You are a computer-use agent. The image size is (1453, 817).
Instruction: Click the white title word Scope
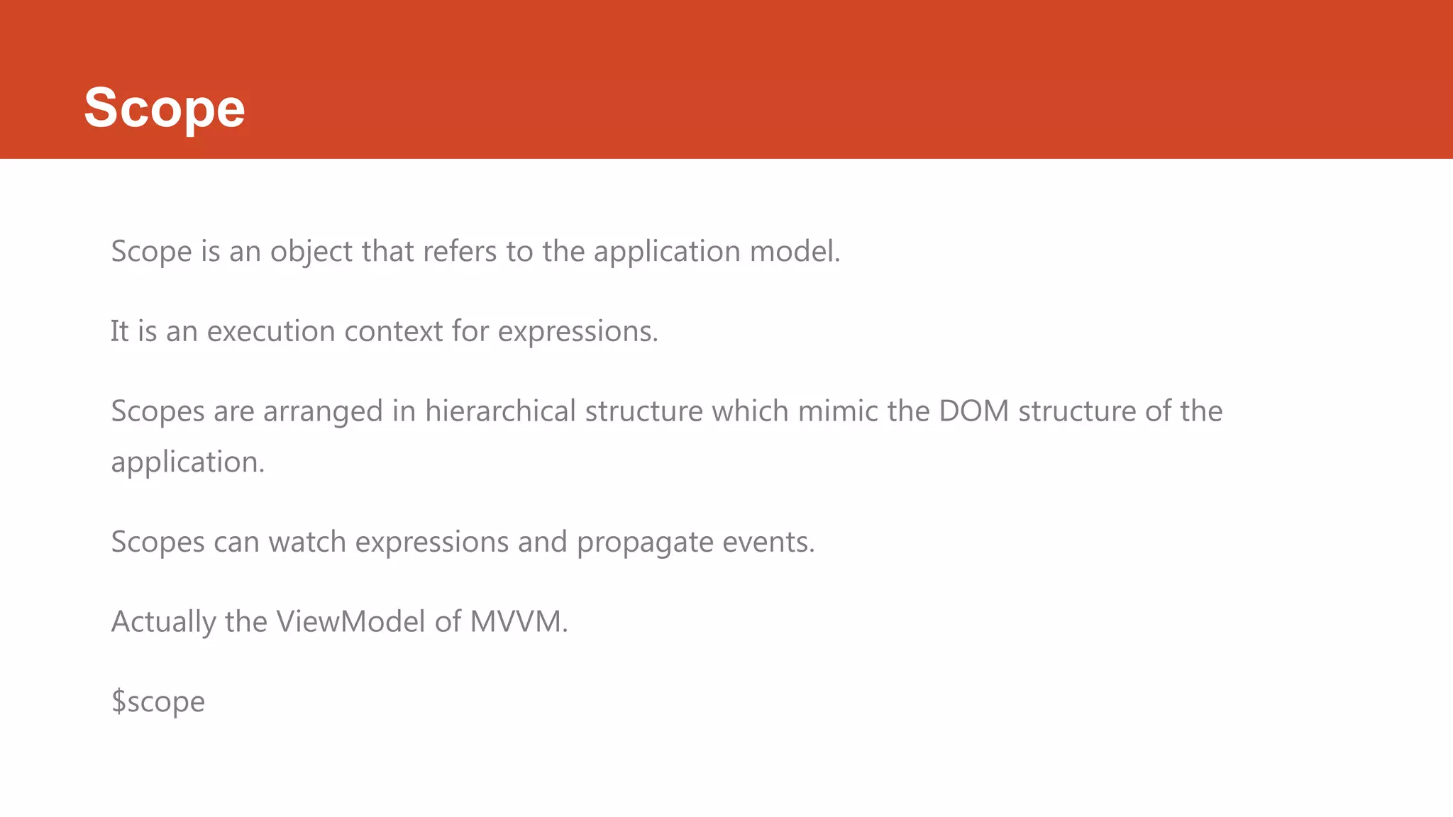point(165,108)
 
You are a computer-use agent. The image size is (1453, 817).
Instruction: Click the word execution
point(271,331)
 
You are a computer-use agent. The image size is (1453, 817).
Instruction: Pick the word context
point(393,331)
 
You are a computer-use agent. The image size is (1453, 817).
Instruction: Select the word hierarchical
point(500,411)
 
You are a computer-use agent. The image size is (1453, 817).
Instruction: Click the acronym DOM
point(973,411)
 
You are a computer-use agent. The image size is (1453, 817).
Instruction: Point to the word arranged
point(323,411)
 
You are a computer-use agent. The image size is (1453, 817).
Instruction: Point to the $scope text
point(158,701)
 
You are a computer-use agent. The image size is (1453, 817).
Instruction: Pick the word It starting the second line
point(119,331)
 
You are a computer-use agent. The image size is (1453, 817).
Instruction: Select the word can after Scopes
point(236,542)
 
